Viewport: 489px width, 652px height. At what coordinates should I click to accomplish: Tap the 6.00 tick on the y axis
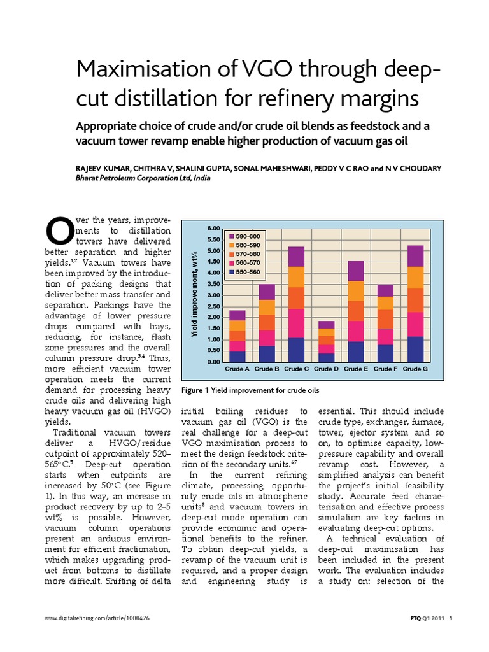tap(213, 228)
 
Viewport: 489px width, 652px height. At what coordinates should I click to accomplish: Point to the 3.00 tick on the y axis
tap(213, 295)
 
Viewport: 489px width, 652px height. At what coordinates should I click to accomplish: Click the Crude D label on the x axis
tap(325, 369)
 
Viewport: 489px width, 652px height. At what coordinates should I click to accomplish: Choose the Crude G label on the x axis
tap(415, 369)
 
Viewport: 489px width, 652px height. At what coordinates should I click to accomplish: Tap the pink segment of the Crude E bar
tap(355, 331)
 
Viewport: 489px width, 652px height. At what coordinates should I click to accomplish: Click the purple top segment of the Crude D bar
tap(325, 325)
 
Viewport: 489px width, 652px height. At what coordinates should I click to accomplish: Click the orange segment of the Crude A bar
tap(237, 336)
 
